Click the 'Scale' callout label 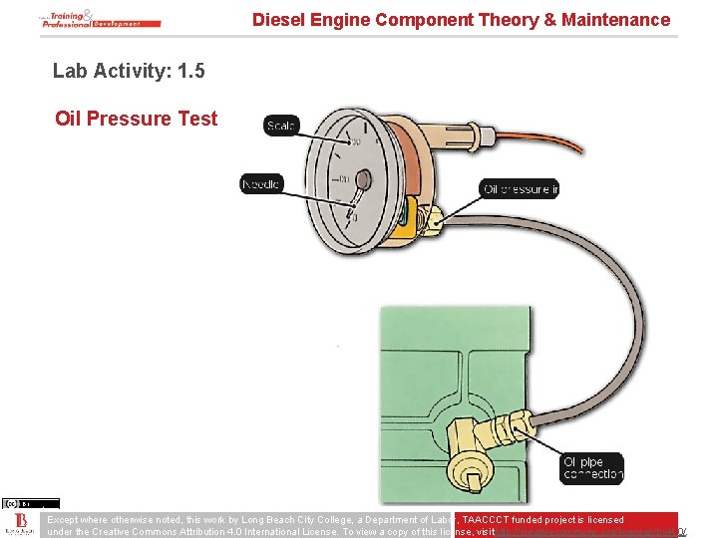pos(282,126)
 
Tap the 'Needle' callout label pos(261,183)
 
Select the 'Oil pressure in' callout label pos(520,189)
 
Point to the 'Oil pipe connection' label pos(592,468)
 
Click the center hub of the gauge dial pos(362,180)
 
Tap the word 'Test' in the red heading pos(196,119)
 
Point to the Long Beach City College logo pos(20,525)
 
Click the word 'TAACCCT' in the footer pos(491,520)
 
